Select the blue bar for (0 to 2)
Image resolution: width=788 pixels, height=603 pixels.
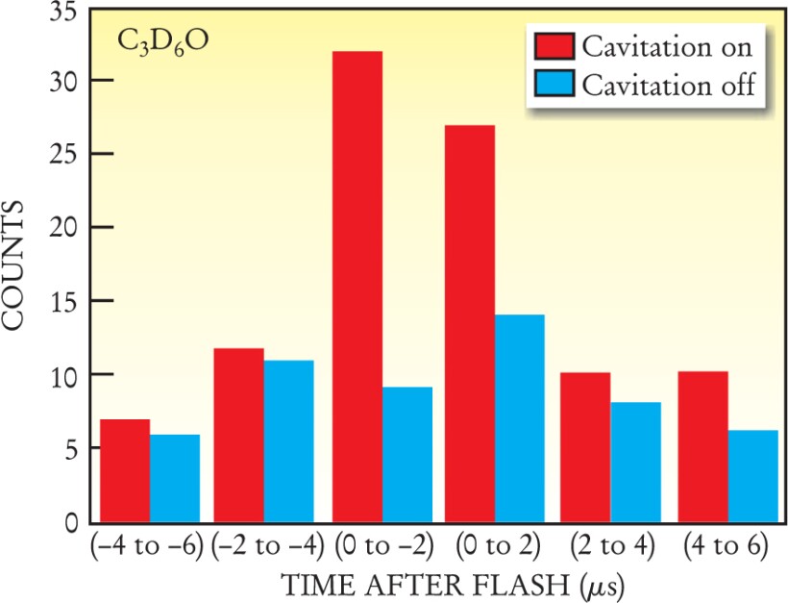[520, 418]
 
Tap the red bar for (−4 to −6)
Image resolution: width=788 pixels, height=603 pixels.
[125, 470]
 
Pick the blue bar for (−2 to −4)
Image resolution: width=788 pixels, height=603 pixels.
[289, 441]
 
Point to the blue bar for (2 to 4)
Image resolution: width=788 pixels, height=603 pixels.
[636, 462]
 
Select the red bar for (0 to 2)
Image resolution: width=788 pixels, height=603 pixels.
[470, 323]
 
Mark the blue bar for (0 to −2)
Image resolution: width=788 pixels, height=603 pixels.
[407, 454]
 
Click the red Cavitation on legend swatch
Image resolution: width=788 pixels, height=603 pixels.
[552, 46]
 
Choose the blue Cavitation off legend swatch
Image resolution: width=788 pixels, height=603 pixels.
[552, 84]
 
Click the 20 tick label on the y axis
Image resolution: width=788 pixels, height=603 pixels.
[66, 228]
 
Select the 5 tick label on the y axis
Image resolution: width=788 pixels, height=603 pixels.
[72, 448]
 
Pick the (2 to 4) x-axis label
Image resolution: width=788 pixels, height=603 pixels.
[611, 546]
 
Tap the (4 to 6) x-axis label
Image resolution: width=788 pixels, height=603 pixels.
[727, 546]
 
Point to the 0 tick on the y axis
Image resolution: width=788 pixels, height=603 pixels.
[73, 523]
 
